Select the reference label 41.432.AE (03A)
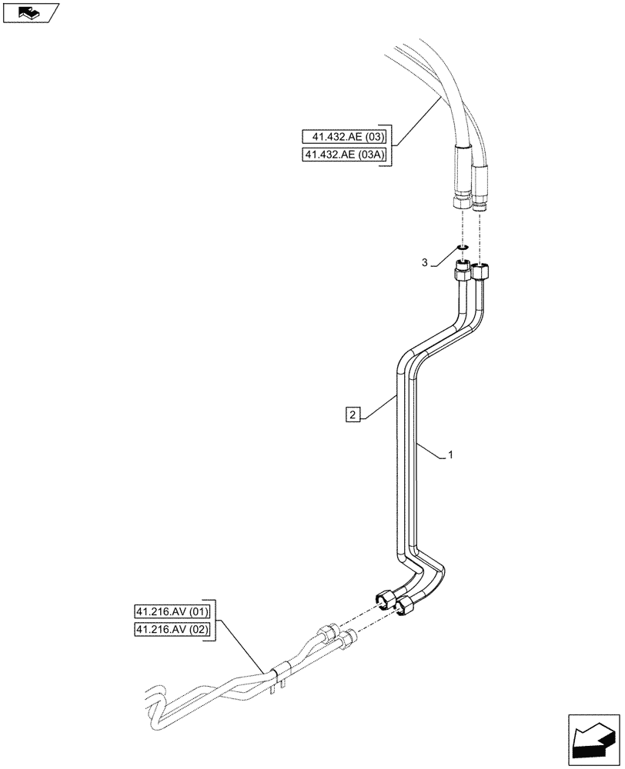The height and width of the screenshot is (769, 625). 346,156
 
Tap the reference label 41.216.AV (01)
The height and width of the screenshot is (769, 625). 171,612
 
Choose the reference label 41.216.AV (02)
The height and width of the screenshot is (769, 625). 171,631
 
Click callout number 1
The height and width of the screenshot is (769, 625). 450,455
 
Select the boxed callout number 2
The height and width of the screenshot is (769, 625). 353,415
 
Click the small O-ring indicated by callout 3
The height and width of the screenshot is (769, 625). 463,248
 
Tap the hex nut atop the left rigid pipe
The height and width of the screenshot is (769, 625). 463,271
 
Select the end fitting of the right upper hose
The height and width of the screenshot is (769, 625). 480,201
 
